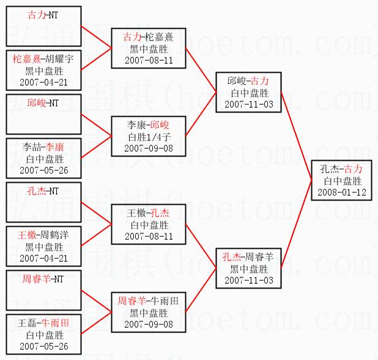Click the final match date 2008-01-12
click(342, 193)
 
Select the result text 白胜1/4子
click(149, 137)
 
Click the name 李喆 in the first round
click(31, 147)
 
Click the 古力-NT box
click(43, 26)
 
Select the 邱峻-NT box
click(43, 114)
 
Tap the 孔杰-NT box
click(43, 202)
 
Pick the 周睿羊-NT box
click(43, 290)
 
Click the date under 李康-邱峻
click(149, 149)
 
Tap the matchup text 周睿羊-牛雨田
click(149, 301)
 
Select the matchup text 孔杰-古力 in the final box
click(342, 169)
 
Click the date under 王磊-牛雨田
click(45, 347)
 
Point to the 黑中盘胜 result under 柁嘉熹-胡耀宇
click(45, 70)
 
